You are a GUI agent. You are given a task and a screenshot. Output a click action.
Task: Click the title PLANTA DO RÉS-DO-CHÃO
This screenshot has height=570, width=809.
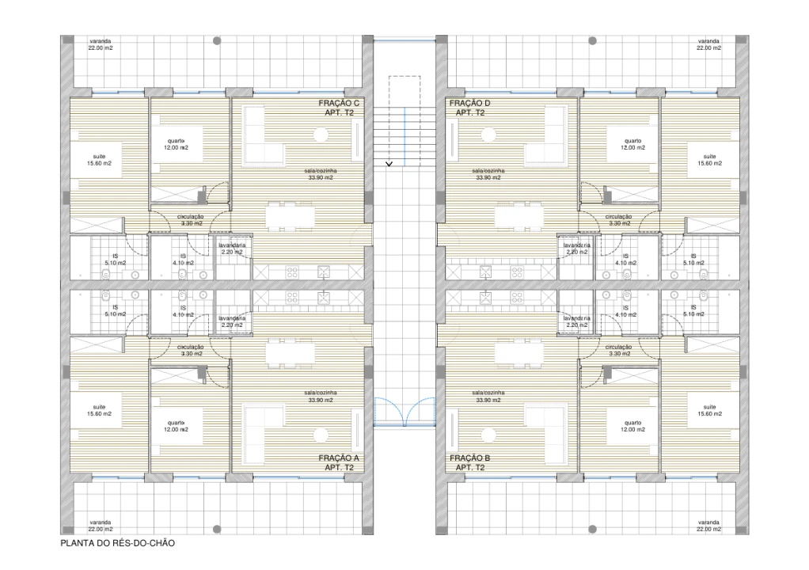point(117,544)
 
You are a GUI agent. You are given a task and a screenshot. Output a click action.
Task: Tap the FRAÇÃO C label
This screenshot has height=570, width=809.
point(339,103)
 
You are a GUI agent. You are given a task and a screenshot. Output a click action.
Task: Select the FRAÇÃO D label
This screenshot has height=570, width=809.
point(470,103)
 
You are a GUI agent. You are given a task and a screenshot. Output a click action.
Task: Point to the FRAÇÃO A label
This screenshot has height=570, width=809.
point(339,458)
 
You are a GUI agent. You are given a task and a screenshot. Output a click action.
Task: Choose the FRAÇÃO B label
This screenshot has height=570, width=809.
point(470,458)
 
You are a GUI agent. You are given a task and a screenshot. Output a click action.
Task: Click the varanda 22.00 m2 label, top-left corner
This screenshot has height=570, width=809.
point(100,44)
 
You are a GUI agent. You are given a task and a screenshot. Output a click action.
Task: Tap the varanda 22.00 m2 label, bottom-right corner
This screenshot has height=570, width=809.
point(708,526)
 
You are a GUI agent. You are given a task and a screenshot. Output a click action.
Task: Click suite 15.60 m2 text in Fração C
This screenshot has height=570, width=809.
point(99,159)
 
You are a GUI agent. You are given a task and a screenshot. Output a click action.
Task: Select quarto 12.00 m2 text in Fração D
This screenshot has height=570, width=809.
point(632,144)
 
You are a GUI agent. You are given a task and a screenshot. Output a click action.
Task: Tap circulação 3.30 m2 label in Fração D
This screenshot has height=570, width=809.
point(618,220)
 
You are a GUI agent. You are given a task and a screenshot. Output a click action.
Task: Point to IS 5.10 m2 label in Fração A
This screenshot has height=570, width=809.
point(114,310)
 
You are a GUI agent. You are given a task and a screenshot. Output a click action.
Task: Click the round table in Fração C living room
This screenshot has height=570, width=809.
point(320,135)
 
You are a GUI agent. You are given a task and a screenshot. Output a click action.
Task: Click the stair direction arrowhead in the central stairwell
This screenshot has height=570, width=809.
point(389,164)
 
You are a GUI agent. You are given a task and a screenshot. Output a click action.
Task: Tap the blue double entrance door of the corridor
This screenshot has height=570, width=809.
point(404,411)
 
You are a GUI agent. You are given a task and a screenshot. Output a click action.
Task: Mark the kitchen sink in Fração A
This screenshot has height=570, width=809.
point(324,298)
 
